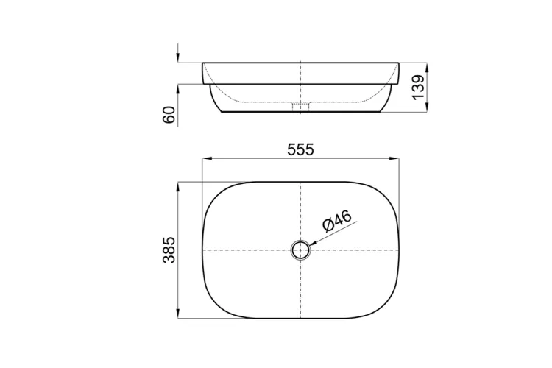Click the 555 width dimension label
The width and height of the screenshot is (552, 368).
[x=300, y=150]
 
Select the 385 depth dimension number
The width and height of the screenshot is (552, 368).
[x=169, y=250]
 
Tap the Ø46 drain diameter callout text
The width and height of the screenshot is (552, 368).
[x=337, y=221]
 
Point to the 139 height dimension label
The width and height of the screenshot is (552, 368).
[x=418, y=87]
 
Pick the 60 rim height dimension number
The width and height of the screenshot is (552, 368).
[x=169, y=115]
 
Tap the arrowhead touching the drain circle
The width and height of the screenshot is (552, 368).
[x=313, y=243]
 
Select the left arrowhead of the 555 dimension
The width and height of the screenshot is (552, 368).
[x=207, y=159]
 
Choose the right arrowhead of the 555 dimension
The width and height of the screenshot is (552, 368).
[x=394, y=159]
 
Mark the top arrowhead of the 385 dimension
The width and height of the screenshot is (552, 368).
[x=178, y=188]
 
